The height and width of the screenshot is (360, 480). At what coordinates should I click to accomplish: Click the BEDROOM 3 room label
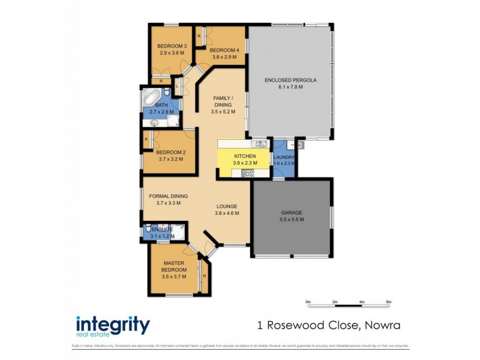[x=172, y=46]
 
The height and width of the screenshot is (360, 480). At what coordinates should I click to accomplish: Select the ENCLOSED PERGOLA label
[x=290, y=80]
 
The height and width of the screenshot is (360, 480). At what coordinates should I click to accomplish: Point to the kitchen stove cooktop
[x=247, y=173]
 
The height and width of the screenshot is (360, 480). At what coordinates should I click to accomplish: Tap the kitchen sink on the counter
[x=260, y=144]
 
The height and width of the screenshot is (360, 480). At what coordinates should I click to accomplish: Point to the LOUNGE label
[x=227, y=206]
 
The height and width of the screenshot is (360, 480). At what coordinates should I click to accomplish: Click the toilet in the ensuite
[x=148, y=229]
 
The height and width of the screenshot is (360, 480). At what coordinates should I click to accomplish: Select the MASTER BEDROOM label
[x=173, y=266]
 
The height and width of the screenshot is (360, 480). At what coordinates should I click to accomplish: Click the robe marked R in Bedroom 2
[x=146, y=140]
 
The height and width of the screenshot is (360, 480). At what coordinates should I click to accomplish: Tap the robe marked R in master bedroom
[x=205, y=276]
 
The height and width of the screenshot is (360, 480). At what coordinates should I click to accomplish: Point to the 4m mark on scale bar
[x=362, y=301]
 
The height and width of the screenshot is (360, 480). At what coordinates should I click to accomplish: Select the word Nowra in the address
[x=379, y=326]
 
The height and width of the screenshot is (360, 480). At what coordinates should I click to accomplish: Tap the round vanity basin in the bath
[x=154, y=122]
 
